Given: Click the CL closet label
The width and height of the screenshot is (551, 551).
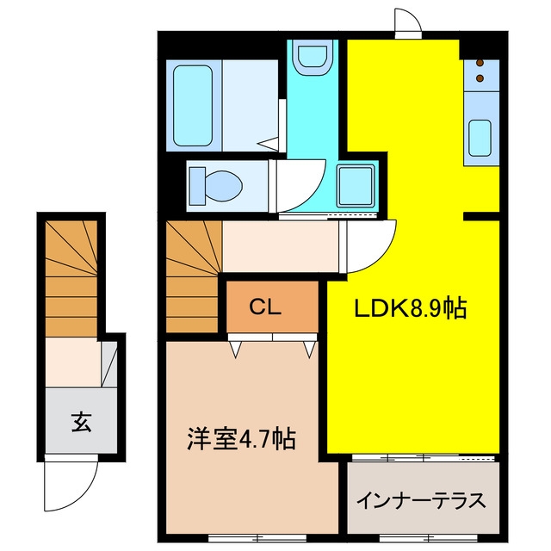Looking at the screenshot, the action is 265,306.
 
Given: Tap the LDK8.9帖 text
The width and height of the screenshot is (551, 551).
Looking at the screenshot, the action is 411,308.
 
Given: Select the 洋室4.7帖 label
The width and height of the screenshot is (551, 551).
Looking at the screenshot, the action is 241,438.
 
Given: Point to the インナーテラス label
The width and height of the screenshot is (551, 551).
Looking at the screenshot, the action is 421,500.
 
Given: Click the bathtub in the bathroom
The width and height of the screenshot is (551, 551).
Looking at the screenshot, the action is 193,106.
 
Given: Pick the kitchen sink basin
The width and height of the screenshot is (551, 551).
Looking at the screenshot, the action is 480,138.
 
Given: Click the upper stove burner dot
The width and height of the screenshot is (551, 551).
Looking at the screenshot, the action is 480,63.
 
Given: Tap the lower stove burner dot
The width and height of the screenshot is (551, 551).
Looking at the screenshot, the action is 480,78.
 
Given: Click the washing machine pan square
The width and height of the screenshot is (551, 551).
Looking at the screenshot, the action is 355,186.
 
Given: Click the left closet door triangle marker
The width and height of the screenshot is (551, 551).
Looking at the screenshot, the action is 235,350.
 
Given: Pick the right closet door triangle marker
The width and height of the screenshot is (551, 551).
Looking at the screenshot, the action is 310,350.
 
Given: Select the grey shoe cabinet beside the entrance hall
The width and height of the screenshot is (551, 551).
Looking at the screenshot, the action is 109,364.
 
